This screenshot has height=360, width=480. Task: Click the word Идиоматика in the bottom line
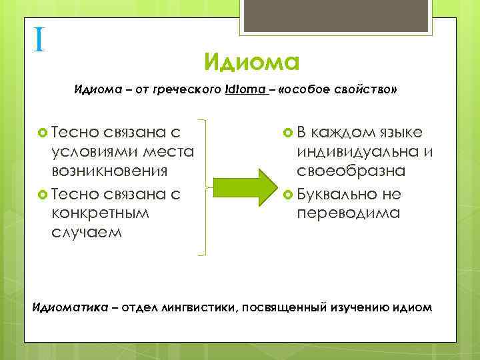tap(64, 308)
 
